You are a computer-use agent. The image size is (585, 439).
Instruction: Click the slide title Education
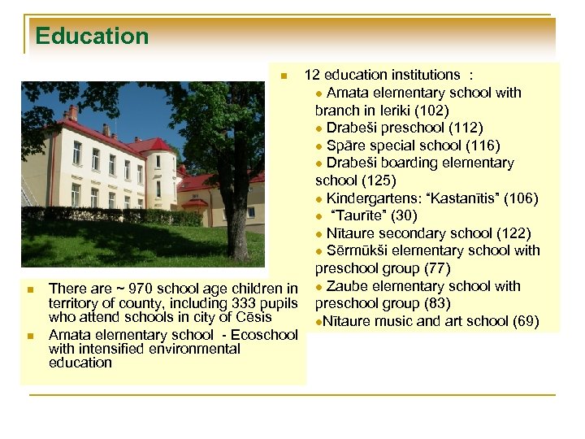pos(92,37)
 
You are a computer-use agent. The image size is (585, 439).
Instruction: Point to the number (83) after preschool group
pos(435,304)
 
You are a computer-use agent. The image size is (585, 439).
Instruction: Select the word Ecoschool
pos(266,335)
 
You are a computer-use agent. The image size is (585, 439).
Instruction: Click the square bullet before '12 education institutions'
pos(284,76)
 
